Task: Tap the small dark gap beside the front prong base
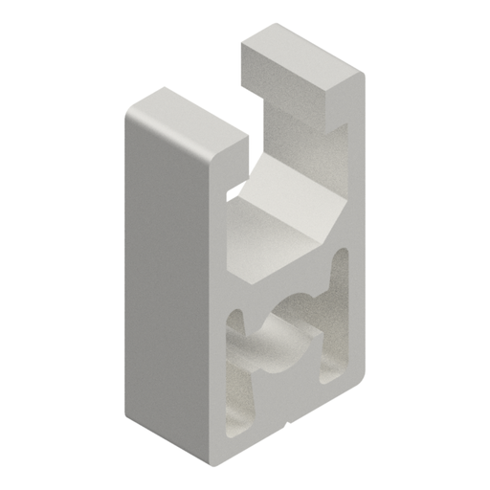pos(231,192)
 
